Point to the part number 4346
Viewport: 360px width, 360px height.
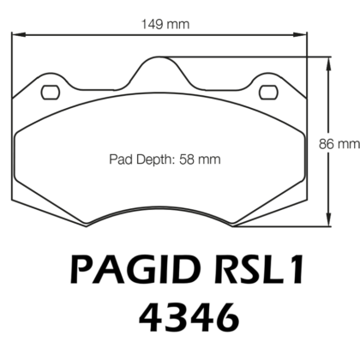180,320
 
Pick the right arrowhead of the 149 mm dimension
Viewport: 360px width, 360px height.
304,35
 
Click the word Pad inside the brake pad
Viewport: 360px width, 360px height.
119,159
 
